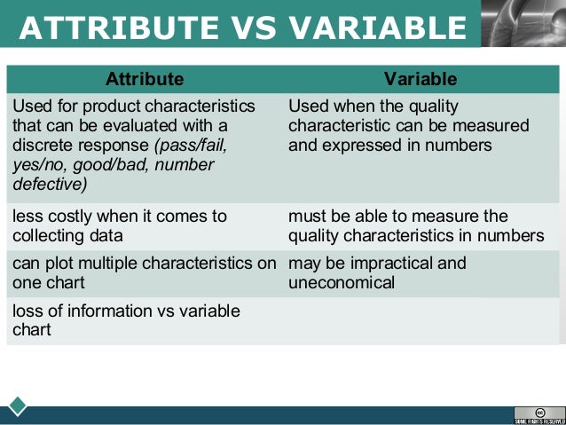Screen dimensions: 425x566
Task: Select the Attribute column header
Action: pyautogui.click(x=145, y=79)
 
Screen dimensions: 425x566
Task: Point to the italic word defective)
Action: pyautogui.click(x=50, y=185)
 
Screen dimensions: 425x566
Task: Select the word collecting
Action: pyautogui.click(x=51, y=235)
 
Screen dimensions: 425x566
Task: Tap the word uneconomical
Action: pyautogui.click(x=342, y=283)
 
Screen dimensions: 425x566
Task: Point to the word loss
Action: pyautogui.click(x=28, y=311)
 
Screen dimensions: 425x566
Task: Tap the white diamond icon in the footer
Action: pyautogui.click(x=18, y=406)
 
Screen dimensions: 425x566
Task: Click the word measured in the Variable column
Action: pyautogui.click(x=497, y=126)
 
